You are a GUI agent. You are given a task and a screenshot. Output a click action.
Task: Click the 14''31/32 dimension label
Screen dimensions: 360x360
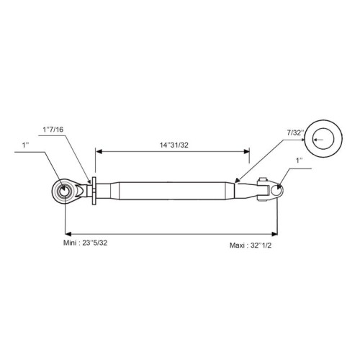pos(174,145)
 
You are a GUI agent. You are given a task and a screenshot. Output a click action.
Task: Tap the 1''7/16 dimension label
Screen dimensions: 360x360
pos(53,130)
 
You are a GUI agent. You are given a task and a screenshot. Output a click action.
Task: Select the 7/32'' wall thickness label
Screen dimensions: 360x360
pos(295,132)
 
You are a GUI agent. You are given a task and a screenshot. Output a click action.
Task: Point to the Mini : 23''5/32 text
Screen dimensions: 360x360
pos(85,243)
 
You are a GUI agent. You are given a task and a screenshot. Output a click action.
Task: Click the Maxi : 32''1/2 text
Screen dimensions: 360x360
pos(251,246)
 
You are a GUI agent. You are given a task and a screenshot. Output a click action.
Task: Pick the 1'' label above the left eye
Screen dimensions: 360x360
pos(25,145)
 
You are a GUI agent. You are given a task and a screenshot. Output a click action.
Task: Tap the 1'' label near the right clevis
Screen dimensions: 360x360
pos(300,161)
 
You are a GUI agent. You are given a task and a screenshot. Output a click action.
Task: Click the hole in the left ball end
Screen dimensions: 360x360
pos(64,192)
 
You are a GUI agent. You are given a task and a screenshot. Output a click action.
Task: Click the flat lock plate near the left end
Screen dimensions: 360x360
pos(94,191)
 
